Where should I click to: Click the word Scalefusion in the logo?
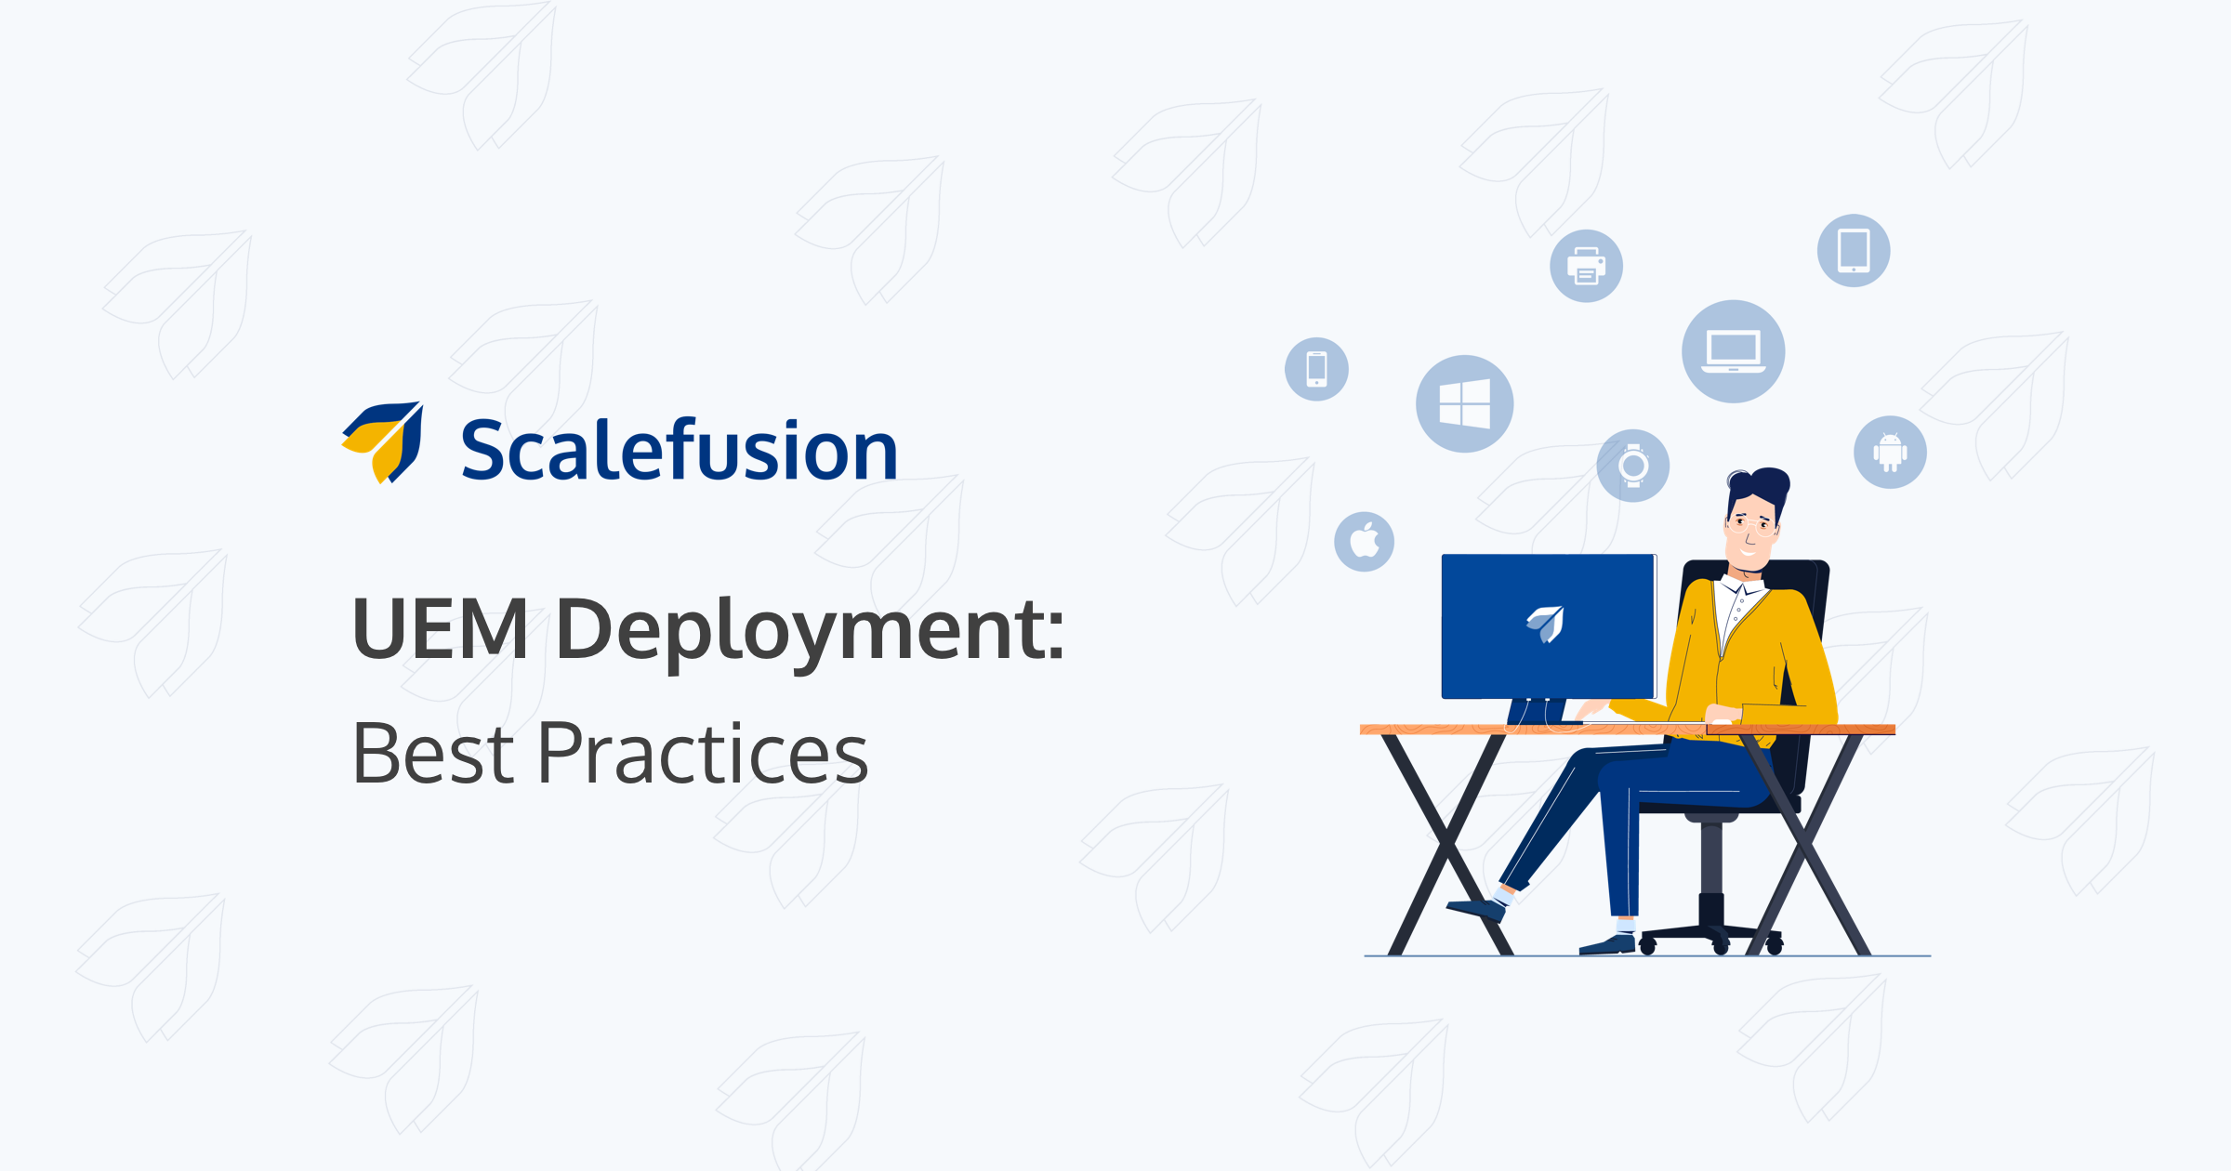679,450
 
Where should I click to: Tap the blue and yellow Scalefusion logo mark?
383,442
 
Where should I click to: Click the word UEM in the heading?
441,629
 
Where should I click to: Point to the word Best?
433,753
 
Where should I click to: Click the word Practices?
703,753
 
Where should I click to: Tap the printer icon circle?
1586,266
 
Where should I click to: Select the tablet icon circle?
1854,251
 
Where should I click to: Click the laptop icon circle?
1733,351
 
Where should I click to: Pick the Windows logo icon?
1464,404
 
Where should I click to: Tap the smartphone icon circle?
1316,369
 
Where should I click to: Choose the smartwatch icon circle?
1632,466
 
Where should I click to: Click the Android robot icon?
1890,452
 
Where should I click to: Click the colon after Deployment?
1055,637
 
